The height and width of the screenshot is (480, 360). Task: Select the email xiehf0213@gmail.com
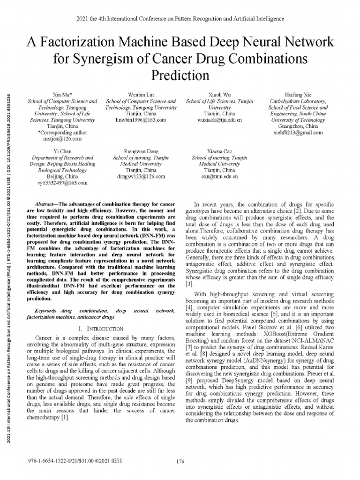(298, 133)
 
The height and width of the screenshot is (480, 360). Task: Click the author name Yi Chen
(59, 152)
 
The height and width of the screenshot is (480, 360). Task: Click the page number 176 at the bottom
(180, 461)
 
